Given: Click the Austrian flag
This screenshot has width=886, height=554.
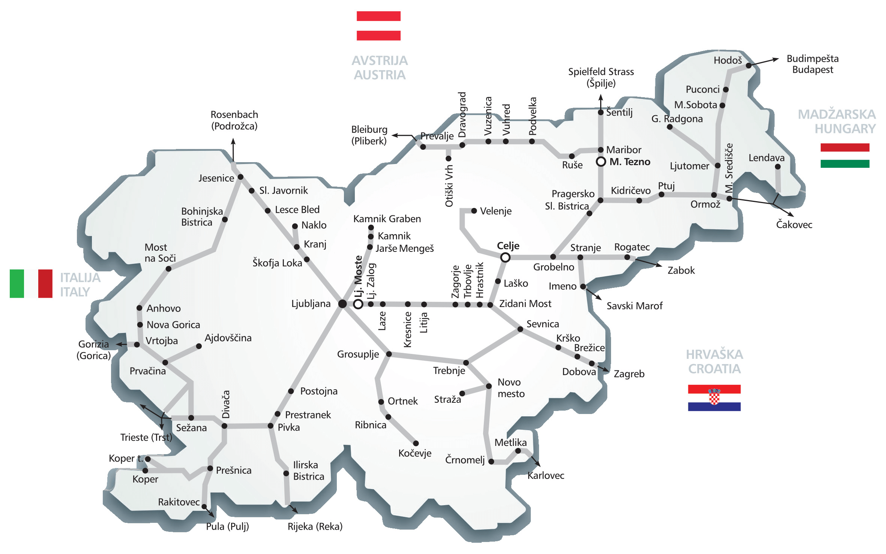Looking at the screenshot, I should coord(378,26).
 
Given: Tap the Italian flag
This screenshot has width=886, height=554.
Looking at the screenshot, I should coord(31,283).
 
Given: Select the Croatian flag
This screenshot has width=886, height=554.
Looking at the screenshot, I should coord(714,397).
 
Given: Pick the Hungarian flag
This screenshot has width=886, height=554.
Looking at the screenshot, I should coord(845,155).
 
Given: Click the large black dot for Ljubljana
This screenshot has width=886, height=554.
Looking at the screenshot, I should coord(342,304).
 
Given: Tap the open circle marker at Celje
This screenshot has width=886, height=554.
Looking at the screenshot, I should coord(505,257).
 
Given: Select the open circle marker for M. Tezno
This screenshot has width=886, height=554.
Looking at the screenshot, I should coord(601,162).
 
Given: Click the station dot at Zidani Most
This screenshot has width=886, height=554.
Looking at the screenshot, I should coord(490,305).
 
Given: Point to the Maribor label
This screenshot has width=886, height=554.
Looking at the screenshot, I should coord(623,150).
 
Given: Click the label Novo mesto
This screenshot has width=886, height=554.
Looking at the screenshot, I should coord(511,388).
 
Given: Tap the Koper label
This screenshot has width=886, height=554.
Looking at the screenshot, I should coord(145,479).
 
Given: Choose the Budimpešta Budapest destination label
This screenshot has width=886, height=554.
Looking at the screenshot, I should coord(812,64).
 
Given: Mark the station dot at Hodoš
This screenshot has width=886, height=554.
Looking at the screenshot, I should coord(749,65).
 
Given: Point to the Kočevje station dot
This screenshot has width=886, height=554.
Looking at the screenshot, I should coord(416,443).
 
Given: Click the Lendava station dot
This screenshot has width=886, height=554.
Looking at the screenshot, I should coord(778,167).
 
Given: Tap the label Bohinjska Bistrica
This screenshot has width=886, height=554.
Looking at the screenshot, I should coord(202,217).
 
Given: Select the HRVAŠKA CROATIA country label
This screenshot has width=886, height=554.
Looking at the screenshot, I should coord(714,361).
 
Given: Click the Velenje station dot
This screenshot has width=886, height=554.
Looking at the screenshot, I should coord(474,211).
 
